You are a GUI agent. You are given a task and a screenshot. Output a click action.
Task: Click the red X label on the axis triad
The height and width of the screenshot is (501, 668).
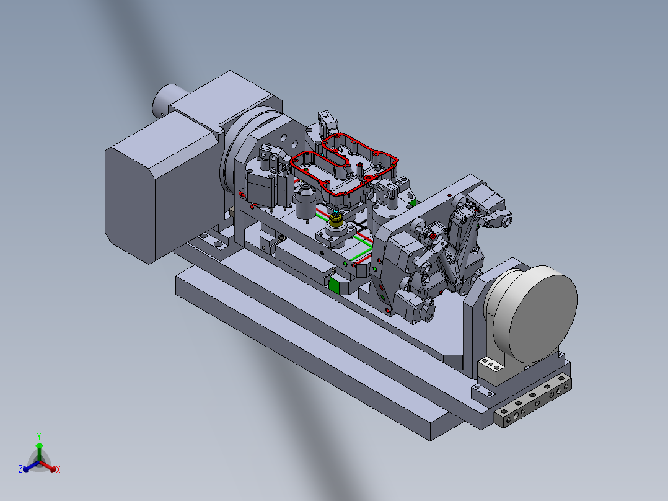point(58,469)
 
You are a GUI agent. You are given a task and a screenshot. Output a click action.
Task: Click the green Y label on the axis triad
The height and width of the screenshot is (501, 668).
point(39,436)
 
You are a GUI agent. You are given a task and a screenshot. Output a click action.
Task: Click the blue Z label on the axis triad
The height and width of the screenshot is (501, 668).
point(20,469)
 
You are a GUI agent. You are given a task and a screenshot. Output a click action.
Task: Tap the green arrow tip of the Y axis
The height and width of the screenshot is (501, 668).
point(39,445)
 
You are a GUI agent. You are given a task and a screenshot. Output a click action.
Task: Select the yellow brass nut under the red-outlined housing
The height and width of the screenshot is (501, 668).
point(336,220)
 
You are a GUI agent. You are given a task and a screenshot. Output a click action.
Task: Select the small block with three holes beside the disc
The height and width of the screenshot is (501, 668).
point(491,370)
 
